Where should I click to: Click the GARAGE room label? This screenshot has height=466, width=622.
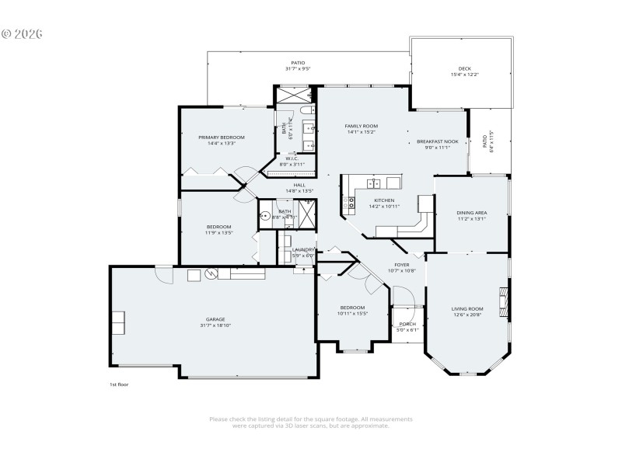tap(215, 319)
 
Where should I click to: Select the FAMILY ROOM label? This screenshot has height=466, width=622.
tap(362, 126)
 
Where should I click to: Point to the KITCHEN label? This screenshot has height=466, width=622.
tap(384, 200)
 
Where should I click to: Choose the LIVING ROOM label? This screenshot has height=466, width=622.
tap(467, 309)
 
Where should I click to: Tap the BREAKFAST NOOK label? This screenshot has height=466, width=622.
tap(437, 141)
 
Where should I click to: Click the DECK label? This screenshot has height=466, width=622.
tap(464, 69)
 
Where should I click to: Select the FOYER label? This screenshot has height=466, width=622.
tap(401, 265)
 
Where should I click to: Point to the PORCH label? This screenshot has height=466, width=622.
tap(407, 324)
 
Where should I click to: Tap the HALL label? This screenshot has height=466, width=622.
tap(299, 185)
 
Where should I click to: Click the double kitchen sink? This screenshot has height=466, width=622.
tap(374, 183)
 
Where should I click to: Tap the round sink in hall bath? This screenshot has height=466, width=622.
tap(265, 217)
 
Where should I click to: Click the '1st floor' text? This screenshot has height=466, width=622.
tap(118, 384)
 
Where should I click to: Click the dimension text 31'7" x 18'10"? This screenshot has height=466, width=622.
tap(215, 325)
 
